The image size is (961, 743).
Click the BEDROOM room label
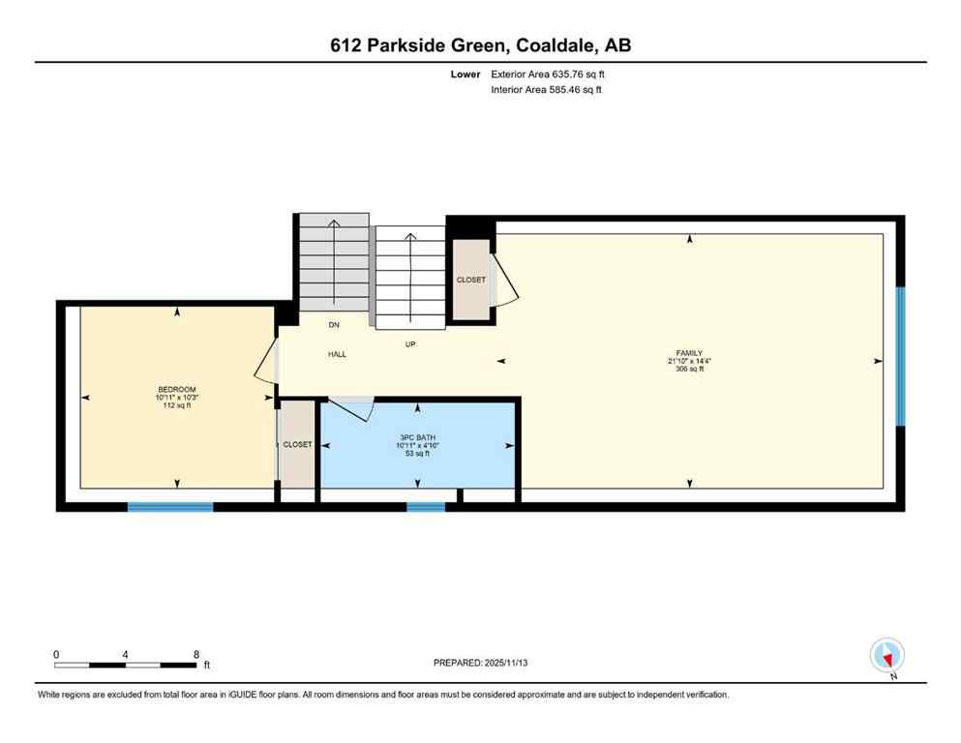pyautogui.click(x=176, y=389)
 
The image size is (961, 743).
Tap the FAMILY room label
pyautogui.click(x=689, y=353)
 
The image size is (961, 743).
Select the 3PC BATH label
pyautogui.click(x=415, y=435)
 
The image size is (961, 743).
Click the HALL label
pyautogui.click(x=337, y=354)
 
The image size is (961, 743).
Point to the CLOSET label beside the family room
pyautogui.click(x=471, y=281)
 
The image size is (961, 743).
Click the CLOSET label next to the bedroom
pyautogui.click(x=297, y=445)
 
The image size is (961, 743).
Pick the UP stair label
pyautogui.click(x=410, y=343)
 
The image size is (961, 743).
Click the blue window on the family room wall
pyautogui.click(x=900, y=356)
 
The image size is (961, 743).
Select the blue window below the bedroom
pyautogui.click(x=170, y=506)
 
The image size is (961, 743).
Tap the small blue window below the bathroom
pyautogui.click(x=426, y=506)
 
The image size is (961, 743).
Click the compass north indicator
pyautogui.click(x=886, y=656)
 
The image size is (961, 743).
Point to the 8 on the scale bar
pyautogui.click(x=196, y=654)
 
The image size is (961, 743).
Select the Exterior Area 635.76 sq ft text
pyautogui.click(x=549, y=74)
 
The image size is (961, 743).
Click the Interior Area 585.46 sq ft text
pyautogui.click(x=548, y=90)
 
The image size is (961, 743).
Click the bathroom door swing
pyautogui.click(x=353, y=409)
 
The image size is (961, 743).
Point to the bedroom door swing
pyautogui.click(x=265, y=372)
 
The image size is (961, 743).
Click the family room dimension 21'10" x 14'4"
pyautogui.click(x=689, y=361)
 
